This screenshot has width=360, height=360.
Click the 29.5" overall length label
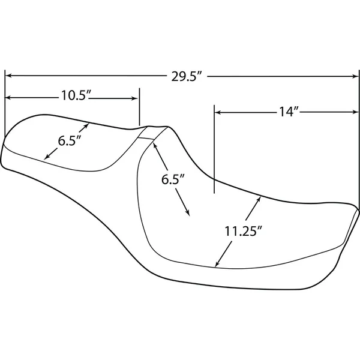[x=184, y=76]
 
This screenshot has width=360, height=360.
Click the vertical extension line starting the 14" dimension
[x=214, y=150]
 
